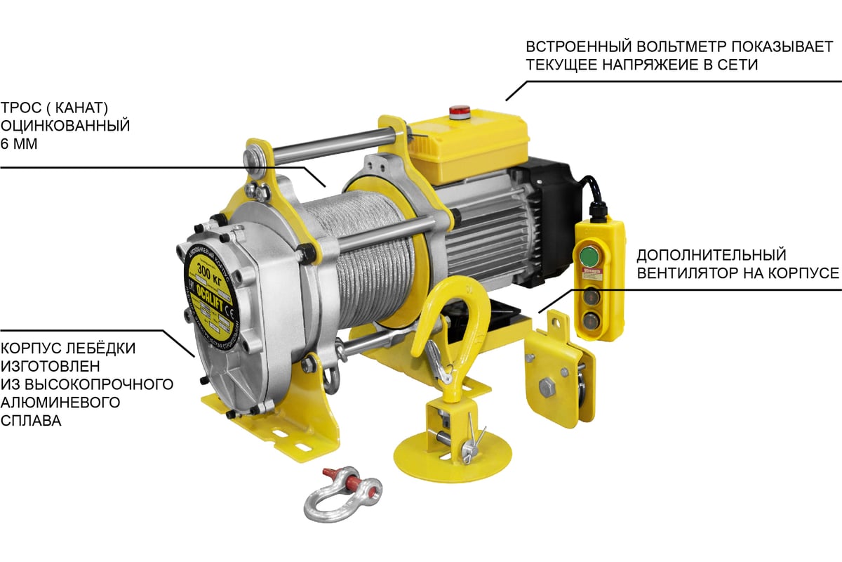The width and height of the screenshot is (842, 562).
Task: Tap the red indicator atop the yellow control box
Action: (460, 110)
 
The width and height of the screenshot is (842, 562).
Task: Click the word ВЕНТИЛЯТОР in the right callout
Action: (694, 273)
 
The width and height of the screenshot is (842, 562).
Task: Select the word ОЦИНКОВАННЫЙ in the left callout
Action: (66, 126)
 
